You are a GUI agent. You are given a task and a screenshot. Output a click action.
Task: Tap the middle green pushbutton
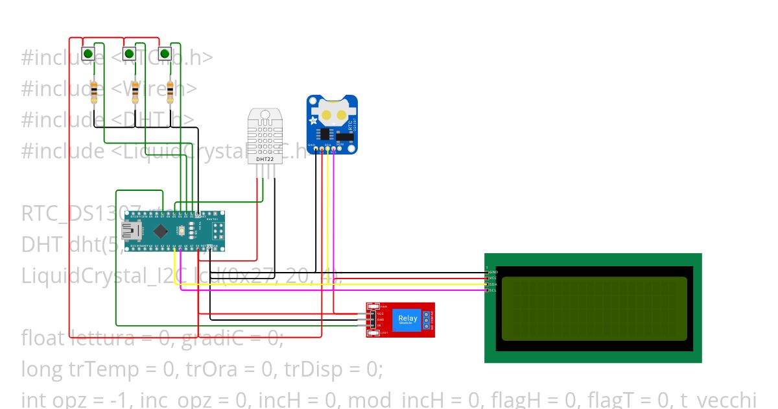coord(129,53)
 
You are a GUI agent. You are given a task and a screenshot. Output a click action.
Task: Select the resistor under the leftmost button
coord(95,92)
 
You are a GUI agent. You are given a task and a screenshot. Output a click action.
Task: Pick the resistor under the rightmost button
coord(171,92)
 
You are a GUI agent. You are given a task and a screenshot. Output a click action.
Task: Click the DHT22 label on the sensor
coord(265,158)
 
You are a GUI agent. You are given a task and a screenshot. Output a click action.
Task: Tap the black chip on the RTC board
coord(324,134)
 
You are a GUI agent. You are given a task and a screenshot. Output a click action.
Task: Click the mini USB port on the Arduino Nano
coord(132,230)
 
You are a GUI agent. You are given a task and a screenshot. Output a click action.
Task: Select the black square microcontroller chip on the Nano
coord(159,230)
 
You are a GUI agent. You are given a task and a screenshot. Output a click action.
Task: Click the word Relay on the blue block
coord(408,318)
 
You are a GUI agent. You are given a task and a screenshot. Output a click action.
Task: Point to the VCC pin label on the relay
coord(381,314)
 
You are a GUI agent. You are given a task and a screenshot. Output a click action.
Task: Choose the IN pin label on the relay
coord(379,326)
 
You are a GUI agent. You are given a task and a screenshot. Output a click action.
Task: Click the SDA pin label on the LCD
coord(493,284)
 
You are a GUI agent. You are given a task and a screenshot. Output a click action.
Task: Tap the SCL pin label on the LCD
coord(493,290)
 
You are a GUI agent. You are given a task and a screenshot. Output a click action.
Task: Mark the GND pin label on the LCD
coord(493,271)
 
